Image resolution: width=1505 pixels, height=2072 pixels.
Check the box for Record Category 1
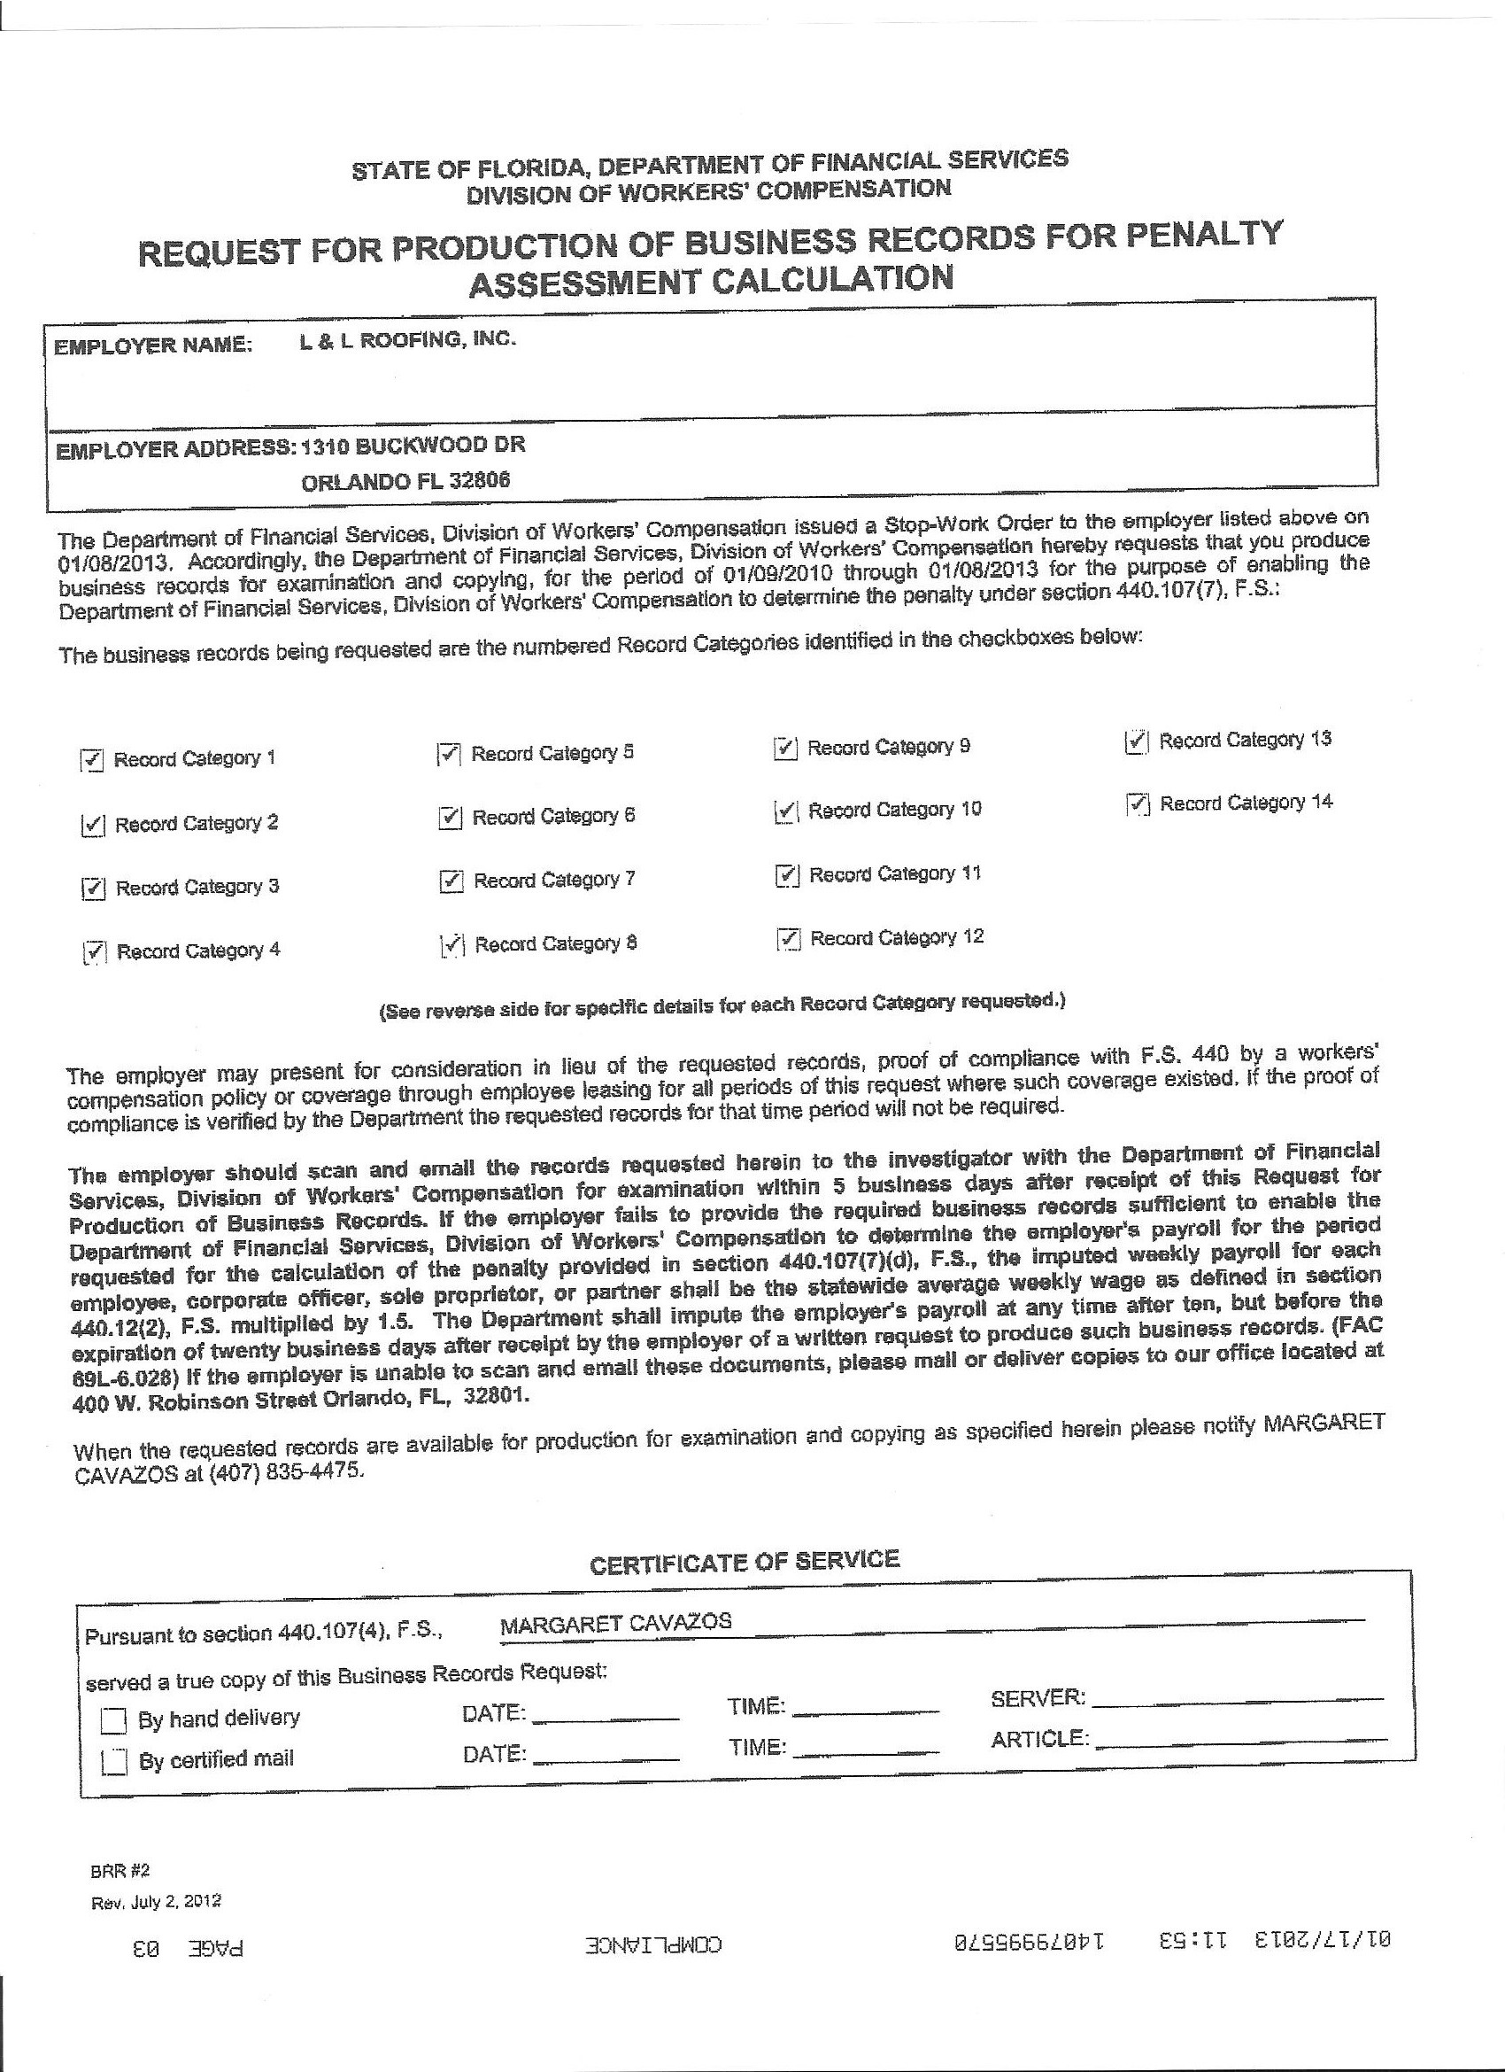click(92, 760)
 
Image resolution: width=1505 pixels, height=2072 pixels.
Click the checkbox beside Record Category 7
click(451, 881)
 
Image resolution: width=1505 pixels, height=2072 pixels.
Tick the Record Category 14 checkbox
click(1137, 805)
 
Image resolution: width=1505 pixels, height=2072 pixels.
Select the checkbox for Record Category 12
click(788, 939)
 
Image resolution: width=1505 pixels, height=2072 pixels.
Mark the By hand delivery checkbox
click(113, 1721)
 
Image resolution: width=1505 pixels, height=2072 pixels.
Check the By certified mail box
click(114, 1761)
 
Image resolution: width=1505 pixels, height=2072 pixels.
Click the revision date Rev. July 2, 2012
click(156, 1902)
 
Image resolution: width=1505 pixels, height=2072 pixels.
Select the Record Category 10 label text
click(894, 811)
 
